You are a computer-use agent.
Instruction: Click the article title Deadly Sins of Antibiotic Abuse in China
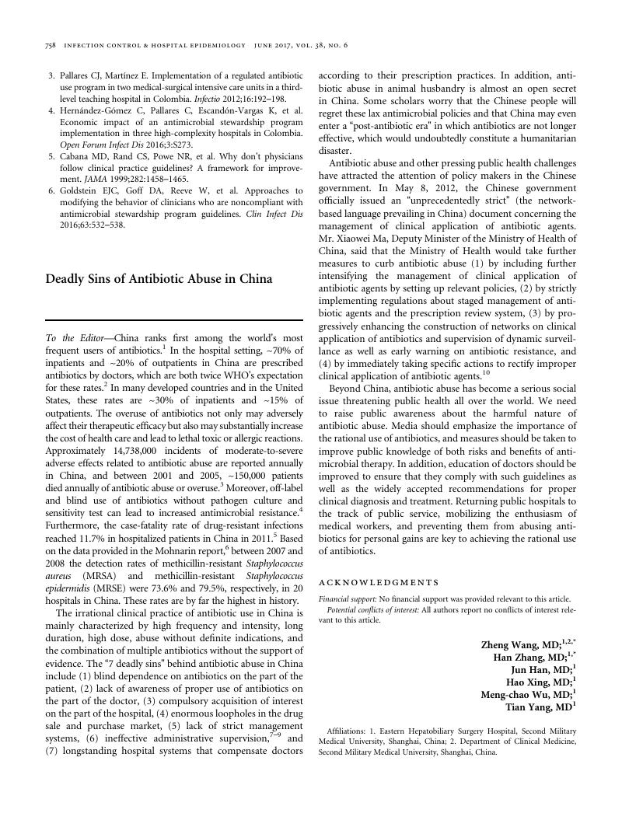click(x=159, y=278)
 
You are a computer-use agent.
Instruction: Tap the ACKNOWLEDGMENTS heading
click(x=379, y=582)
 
